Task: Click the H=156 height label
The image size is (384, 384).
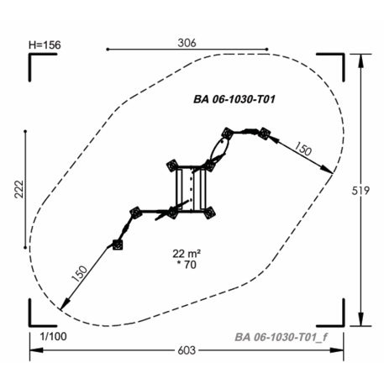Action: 45,45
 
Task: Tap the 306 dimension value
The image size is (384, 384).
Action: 187,43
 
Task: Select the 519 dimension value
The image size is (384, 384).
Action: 360,191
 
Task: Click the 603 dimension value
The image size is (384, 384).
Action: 187,350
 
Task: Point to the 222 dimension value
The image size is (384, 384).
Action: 19,189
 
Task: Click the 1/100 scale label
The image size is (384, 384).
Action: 53,336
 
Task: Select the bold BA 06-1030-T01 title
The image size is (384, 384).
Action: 234,99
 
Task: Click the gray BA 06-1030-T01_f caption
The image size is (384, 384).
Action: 281,337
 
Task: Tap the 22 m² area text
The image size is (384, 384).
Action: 187,254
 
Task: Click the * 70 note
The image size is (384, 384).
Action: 187,265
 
